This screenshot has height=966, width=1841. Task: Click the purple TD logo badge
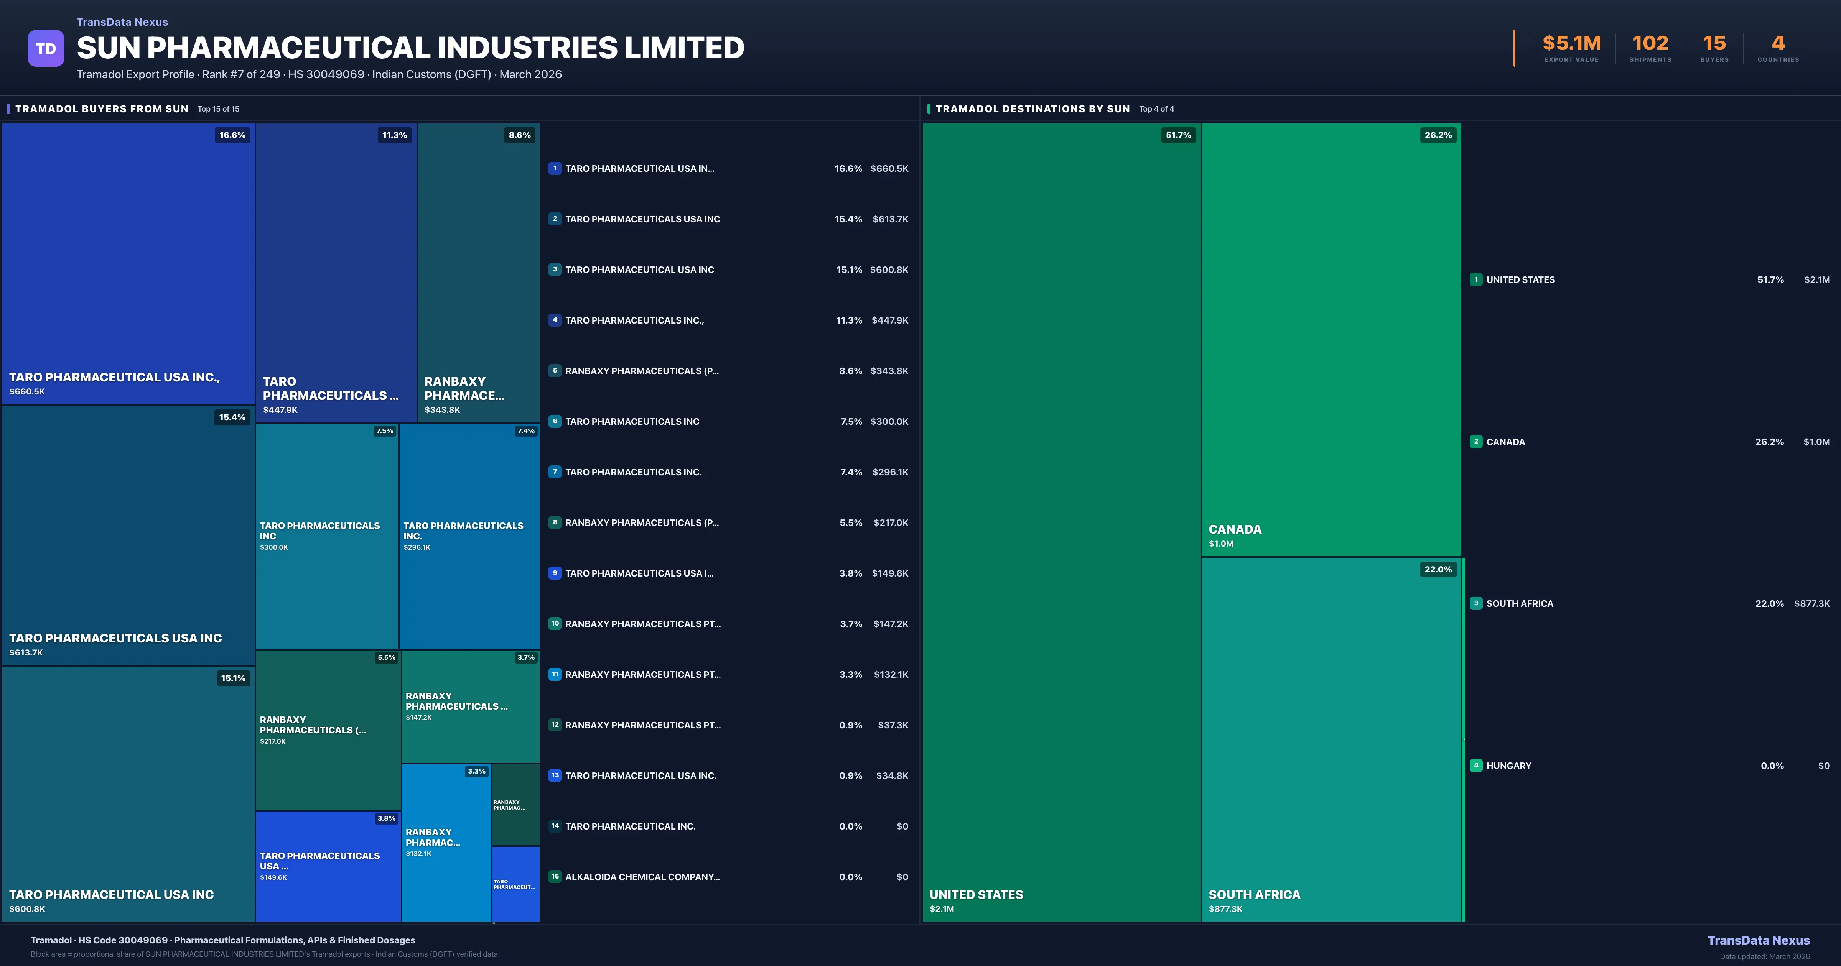pyautogui.click(x=46, y=49)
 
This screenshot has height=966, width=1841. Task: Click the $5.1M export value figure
pyautogui.click(x=1571, y=44)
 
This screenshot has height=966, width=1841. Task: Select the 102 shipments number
pyautogui.click(x=1650, y=44)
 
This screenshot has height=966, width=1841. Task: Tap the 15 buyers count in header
pyautogui.click(x=1714, y=44)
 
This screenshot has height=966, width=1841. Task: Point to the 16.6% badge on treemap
pyautogui.click(x=232, y=135)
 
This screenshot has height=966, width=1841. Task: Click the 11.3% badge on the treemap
pyautogui.click(x=395, y=135)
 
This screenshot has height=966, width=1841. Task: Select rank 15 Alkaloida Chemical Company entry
pyautogui.click(x=642, y=877)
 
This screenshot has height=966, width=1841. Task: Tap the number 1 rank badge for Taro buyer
pyautogui.click(x=555, y=169)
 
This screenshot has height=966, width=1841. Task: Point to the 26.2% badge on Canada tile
pyautogui.click(x=1438, y=135)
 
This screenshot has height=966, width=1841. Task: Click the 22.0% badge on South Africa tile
pyautogui.click(x=1438, y=570)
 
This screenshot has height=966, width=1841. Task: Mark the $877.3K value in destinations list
pyautogui.click(x=1812, y=604)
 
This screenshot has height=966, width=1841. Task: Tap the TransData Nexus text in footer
pyautogui.click(x=1758, y=940)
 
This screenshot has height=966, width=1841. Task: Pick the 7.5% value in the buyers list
pyautogui.click(x=851, y=422)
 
